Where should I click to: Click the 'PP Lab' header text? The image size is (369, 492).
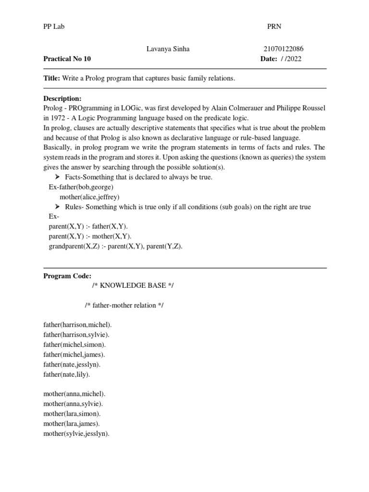[x=54, y=27]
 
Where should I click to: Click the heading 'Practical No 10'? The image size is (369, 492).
[x=67, y=59]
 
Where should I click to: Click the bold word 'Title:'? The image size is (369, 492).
[x=52, y=78]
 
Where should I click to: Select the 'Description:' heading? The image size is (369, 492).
[x=62, y=98]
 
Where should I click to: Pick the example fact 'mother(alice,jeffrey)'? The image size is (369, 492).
[x=89, y=197]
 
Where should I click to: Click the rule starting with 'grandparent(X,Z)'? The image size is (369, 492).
[x=116, y=246]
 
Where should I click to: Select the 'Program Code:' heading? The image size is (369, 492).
[x=67, y=276]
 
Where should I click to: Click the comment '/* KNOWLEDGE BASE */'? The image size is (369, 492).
[x=133, y=285]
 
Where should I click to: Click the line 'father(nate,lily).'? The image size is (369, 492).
[x=67, y=374]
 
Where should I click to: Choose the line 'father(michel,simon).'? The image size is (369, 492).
[x=75, y=344]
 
